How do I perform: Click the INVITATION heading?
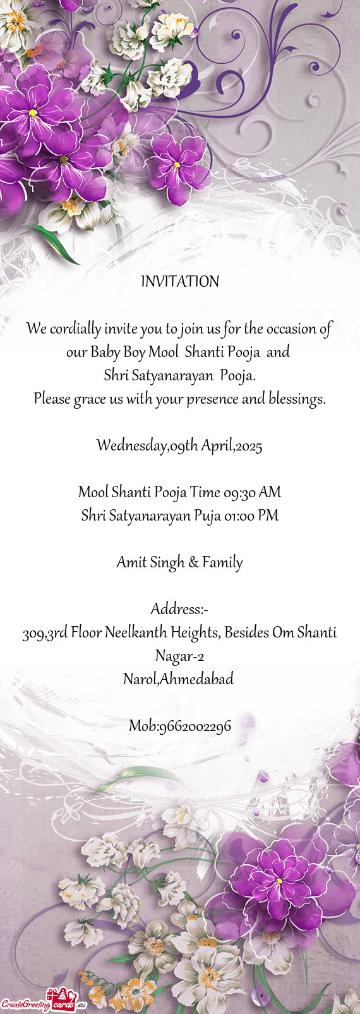coord(180,282)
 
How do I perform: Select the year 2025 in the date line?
coord(249,446)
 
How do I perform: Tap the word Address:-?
coord(179,609)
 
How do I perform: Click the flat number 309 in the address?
coord(32,632)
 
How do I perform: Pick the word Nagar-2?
coord(179,656)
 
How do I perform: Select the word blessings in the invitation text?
coord(296,399)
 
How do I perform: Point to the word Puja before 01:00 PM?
coord(207,516)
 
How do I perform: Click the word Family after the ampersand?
coord(222,562)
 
